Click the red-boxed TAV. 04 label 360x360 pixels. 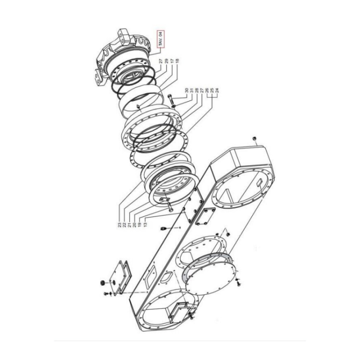click(160, 39)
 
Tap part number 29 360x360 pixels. click(167, 61)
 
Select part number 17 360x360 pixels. click(172, 61)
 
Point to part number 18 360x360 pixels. click(177, 61)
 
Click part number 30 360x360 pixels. click(186, 90)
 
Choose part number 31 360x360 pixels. click(192, 90)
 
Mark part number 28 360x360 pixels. click(197, 90)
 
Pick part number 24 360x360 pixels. click(217, 90)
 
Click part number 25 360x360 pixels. click(212, 90)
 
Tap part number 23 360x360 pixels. click(120, 225)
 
